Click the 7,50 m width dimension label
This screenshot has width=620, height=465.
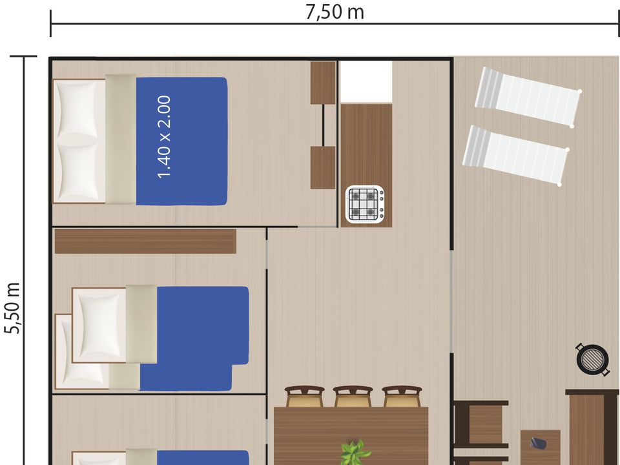pos(335,12)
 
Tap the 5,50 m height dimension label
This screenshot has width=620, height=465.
pos(12,308)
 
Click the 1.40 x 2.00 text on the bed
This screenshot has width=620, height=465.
pos(164,137)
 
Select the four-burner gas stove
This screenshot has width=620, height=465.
pos(364,204)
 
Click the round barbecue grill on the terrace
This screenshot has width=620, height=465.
pos(592,359)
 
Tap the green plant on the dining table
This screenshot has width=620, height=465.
pos(355,452)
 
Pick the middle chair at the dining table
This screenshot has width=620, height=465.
pos(353,396)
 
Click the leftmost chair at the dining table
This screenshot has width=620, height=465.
pos(304,396)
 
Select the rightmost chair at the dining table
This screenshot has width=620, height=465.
pos(402,396)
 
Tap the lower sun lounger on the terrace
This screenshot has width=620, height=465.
pos(516,156)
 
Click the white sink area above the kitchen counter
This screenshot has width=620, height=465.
pos(366,82)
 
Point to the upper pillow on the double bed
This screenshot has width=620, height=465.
pos(77,108)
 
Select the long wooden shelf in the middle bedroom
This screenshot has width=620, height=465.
pos(145,241)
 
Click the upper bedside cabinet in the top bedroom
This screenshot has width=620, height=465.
pos(323,83)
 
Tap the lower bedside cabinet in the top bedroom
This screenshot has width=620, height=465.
pos(323,168)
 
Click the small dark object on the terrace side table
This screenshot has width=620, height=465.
pos(538,443)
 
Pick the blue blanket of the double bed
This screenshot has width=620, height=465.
pos(181,141)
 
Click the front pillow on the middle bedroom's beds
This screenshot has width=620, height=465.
pos(99,325)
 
